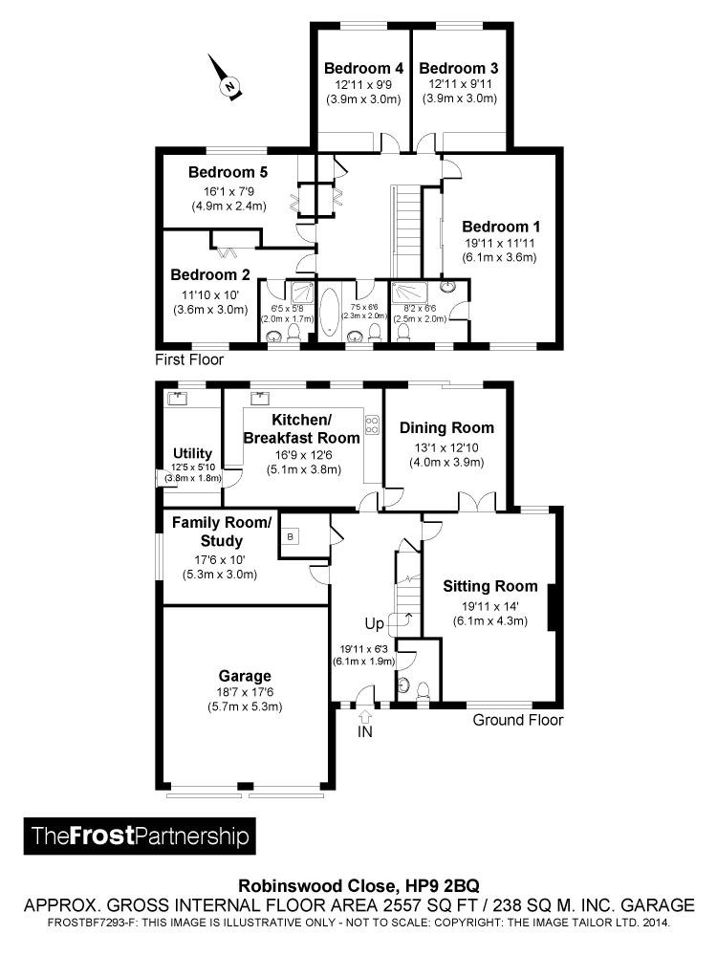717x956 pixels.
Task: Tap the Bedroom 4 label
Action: tap(362, 68)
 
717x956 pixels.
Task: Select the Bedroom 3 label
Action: tap(458, 68)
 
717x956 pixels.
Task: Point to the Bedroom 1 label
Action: tap(501, 227)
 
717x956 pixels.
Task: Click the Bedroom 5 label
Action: tap(228, 172)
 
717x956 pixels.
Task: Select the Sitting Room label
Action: tap(489, 586)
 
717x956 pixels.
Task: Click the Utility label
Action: tap(192, 452)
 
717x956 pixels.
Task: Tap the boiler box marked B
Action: tap(290, 538)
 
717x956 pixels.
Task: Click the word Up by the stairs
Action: tap(374, 623)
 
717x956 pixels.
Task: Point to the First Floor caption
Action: tap(189, 359)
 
